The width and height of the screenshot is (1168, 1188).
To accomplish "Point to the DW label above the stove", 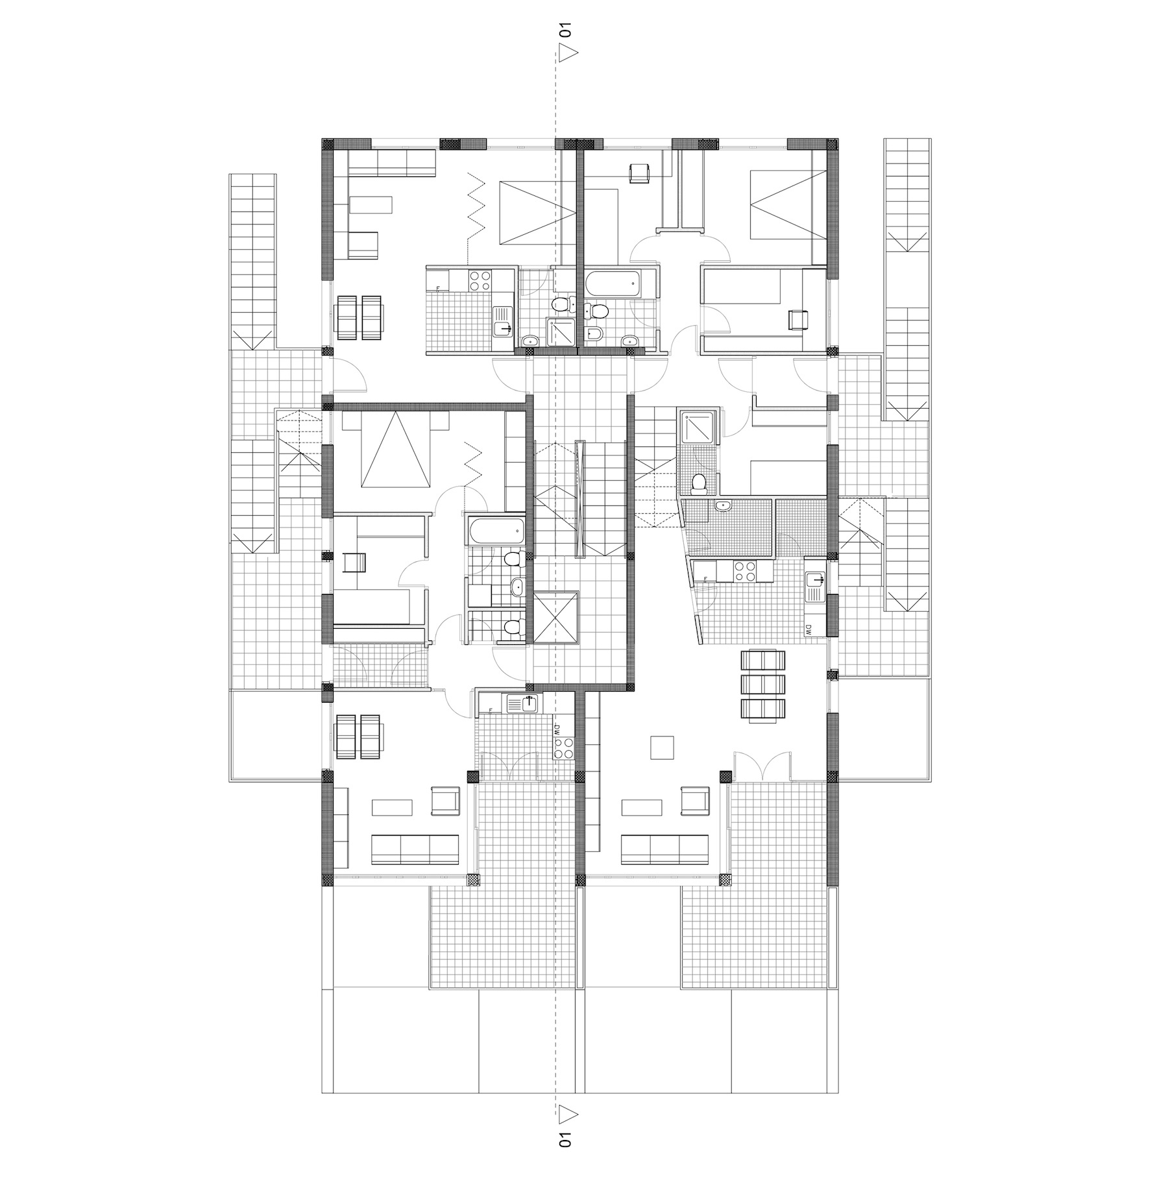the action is (x=557, y=729).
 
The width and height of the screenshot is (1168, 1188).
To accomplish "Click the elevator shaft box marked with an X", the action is (x=556, y=616).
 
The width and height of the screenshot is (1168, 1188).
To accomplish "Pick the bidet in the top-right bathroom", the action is (x=597, y=334).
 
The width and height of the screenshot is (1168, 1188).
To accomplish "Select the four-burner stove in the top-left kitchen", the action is (x=480, y=279).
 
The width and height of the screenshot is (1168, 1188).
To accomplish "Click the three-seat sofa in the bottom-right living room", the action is (x=664, y=849).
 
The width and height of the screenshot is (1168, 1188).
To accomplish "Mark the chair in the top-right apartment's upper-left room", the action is (x=640, y=173).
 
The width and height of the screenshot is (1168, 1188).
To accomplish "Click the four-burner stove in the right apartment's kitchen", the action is (x=744, y=571).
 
